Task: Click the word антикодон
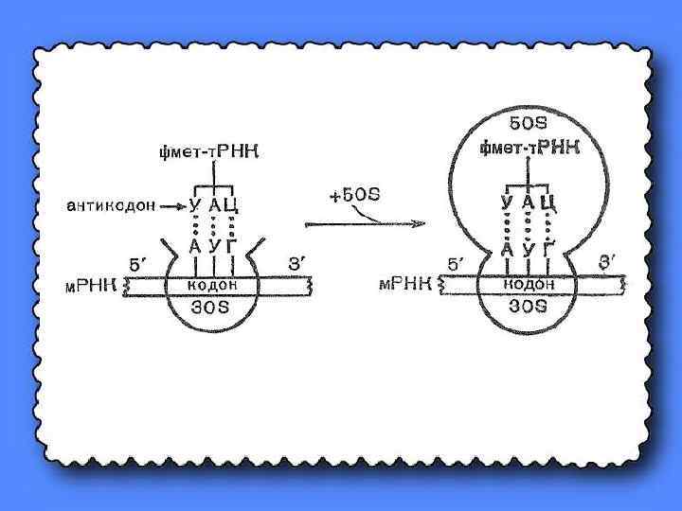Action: point(106,203)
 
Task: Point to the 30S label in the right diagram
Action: point(527,305)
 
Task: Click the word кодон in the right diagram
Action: point(527,283)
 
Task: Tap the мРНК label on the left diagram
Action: point(96,285)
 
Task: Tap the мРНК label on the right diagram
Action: point(409,283)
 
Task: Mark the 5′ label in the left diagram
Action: point(139,262)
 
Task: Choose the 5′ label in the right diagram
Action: point(457,262)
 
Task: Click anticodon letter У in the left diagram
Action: point(194,204)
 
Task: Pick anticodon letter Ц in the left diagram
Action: point(240,204)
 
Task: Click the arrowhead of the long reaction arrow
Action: point(421,224)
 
